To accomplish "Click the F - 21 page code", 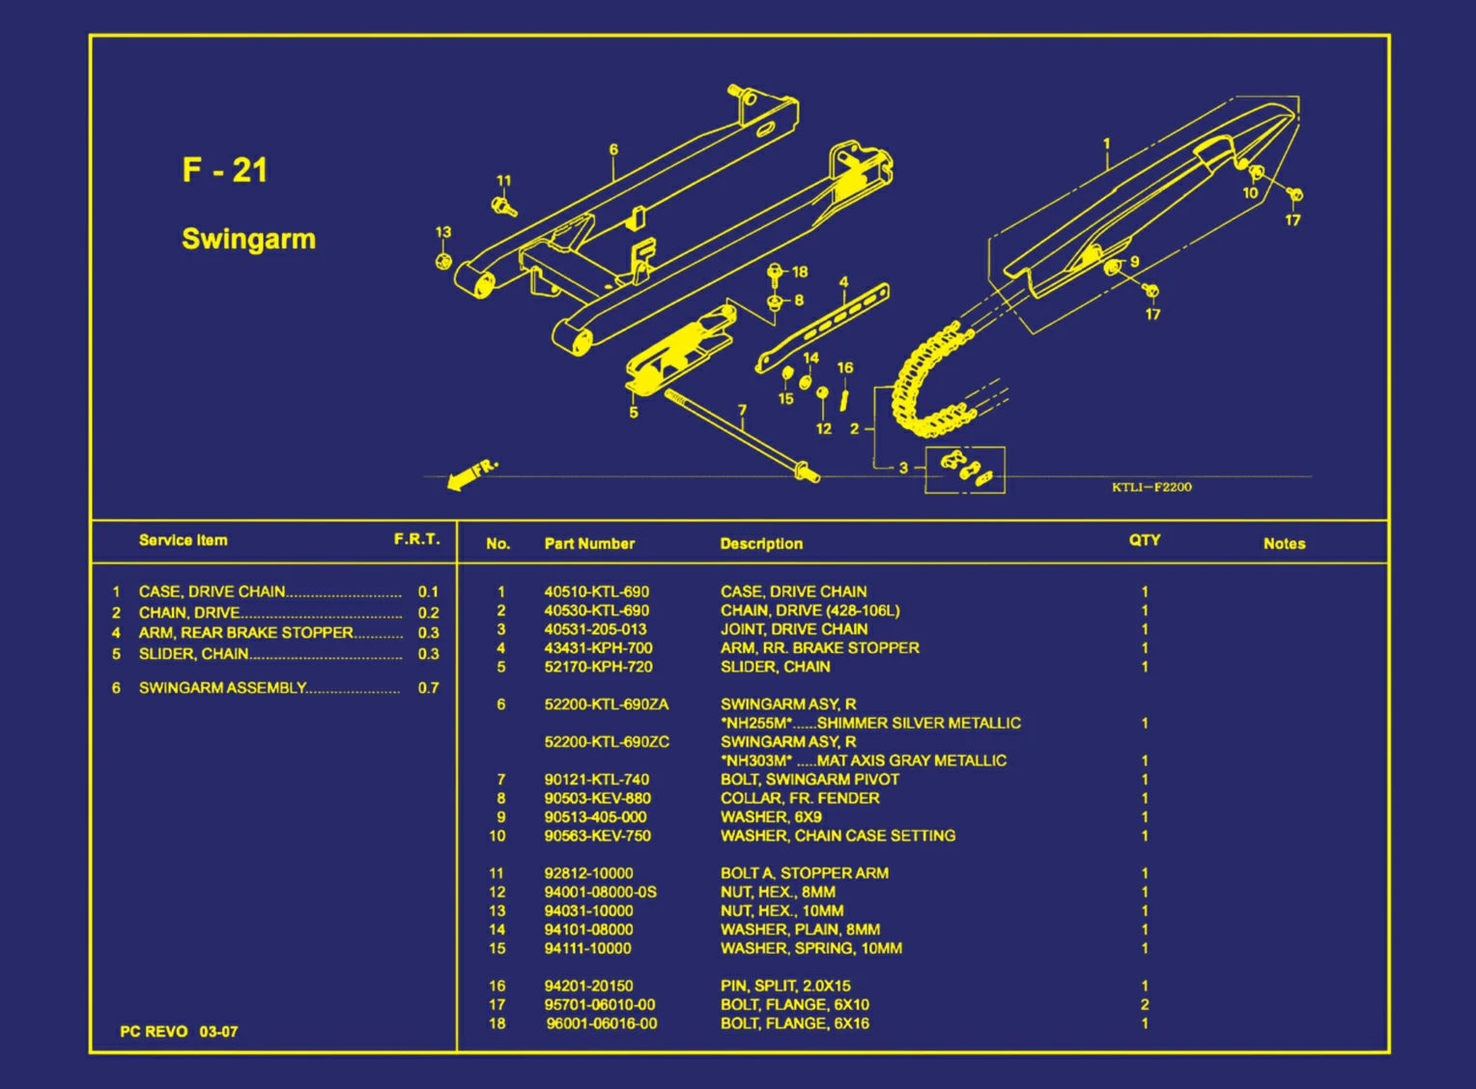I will click(224, 170).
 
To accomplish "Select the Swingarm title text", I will click(248, 239).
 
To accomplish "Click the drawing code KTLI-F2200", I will click(1151, 487).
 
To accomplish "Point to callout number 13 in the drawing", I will click(442, 233).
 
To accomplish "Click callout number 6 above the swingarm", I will click(613, 150).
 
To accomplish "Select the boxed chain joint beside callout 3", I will click(964, 470).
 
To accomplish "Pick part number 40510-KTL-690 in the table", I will click(596, 591).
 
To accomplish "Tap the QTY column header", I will click(1145, 540).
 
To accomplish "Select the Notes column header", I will click(1284, 544).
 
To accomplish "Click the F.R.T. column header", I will click(416, 539).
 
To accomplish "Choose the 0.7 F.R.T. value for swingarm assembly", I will click(428, 688).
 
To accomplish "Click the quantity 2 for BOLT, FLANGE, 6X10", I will click(1145, 1005).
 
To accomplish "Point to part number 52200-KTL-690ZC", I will click(606, 741).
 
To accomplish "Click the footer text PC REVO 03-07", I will click(179, 1031).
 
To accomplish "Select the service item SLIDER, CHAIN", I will click(193, 654).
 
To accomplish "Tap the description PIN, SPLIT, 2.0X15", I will click(785, 986).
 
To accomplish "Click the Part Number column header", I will click(589, 544).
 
